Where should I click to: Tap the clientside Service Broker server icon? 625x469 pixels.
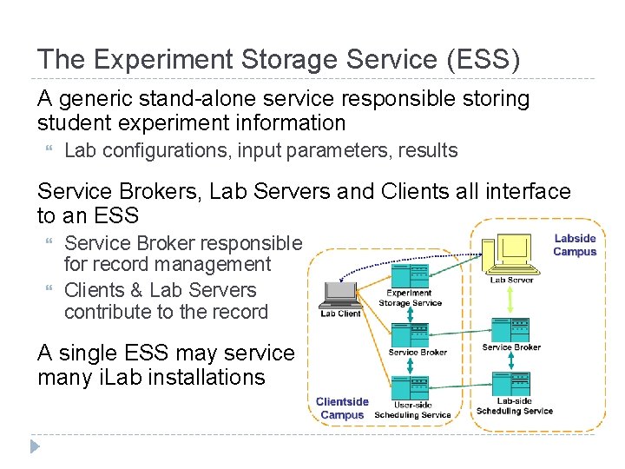point(409,334)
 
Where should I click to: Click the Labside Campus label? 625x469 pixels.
point(575,245)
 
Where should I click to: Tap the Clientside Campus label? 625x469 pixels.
point(342,408)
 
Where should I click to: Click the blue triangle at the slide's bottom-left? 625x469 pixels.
point(34,447)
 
